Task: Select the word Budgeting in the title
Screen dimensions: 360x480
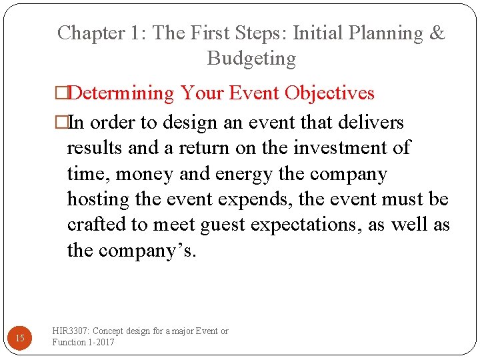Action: (x=251, y=59)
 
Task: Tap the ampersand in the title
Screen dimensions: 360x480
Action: (x=437, y=33)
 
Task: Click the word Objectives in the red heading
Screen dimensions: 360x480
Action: (x=329, y=93)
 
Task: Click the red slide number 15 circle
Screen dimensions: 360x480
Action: (x=20, y=339)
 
